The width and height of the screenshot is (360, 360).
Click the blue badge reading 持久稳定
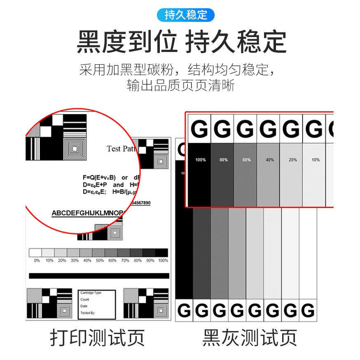click(186, 15)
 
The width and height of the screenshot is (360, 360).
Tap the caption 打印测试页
click(97, 337)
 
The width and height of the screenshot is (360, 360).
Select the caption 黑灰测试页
click(250, 337)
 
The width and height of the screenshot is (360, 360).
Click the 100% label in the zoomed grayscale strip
click(200, 160)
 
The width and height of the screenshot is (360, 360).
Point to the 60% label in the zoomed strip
click(246, 160)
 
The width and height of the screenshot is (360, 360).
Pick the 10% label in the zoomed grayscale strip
click(315, 160)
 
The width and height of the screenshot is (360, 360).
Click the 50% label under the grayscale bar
click(100, 260)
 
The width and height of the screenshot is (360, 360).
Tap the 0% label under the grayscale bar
click(37, 260)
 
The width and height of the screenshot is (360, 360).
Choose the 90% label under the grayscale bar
click(150, 260)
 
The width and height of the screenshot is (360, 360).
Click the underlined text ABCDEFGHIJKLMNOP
click(87, 213)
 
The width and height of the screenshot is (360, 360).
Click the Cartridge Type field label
click(91, 293)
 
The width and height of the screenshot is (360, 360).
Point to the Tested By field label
click(88, 313)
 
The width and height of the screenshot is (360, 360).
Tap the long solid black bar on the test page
click(99, 276)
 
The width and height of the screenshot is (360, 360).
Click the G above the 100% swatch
click(200, 129)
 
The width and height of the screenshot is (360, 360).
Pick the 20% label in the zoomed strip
click(292, 160)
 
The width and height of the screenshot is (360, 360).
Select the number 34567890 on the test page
click(140, 203)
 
